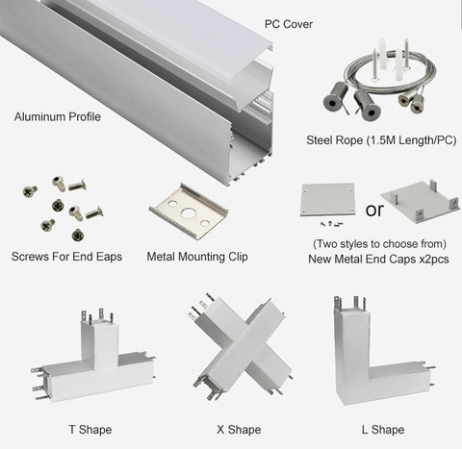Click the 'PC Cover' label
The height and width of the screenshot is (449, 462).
(289, 24)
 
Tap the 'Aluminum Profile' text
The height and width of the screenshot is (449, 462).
(58, 116)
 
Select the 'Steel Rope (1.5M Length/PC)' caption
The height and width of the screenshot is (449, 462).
(381, 140)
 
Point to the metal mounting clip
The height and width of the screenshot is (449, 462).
(189, 212)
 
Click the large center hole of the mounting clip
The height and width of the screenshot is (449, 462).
(187, 213)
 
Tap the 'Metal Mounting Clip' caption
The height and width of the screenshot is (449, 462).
(197, 257)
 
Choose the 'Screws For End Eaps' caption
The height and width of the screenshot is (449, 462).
(66, 257)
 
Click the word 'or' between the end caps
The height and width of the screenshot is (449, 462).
(374, 210)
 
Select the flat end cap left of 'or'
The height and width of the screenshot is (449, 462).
(327, 199)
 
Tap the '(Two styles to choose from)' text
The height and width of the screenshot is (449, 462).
(379, 244)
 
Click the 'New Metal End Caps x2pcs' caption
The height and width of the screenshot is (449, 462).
(378, 259)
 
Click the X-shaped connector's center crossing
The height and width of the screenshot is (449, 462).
(244, 344)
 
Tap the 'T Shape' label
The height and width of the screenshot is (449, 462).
(90, 430)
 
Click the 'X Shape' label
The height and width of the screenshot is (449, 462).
(239, 430)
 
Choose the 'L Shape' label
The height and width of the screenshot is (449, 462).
(383, 430)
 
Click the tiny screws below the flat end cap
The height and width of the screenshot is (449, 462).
(332, 223)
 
